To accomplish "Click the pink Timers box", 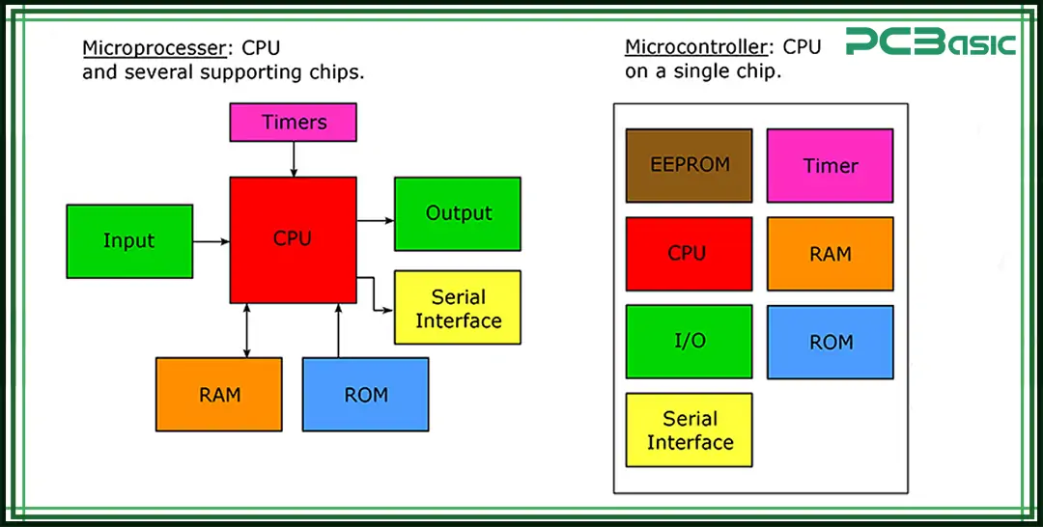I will pos(293,123).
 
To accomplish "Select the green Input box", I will pos(129,241).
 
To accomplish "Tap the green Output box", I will pos(458,213).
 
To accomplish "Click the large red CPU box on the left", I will pos(293,239).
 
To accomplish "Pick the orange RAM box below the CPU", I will pos(219,394).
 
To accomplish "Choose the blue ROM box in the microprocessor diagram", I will pos(365,394).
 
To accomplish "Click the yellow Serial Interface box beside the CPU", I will pos(458,308).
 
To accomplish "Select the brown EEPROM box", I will pos(689,165).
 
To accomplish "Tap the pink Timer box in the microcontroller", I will pos(830,165).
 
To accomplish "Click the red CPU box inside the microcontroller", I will pos(689,254).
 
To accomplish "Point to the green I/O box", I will pos(689,342).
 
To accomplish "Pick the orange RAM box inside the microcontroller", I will pos(830,254).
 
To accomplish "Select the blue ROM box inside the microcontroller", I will pos(830,342).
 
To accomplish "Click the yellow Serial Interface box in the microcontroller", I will pos(689,430).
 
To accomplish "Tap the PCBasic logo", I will pos(930,43).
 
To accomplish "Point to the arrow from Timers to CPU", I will pos(293,159).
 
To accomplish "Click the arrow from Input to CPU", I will pos(211,241).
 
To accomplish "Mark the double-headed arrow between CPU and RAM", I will pos(247,330).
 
